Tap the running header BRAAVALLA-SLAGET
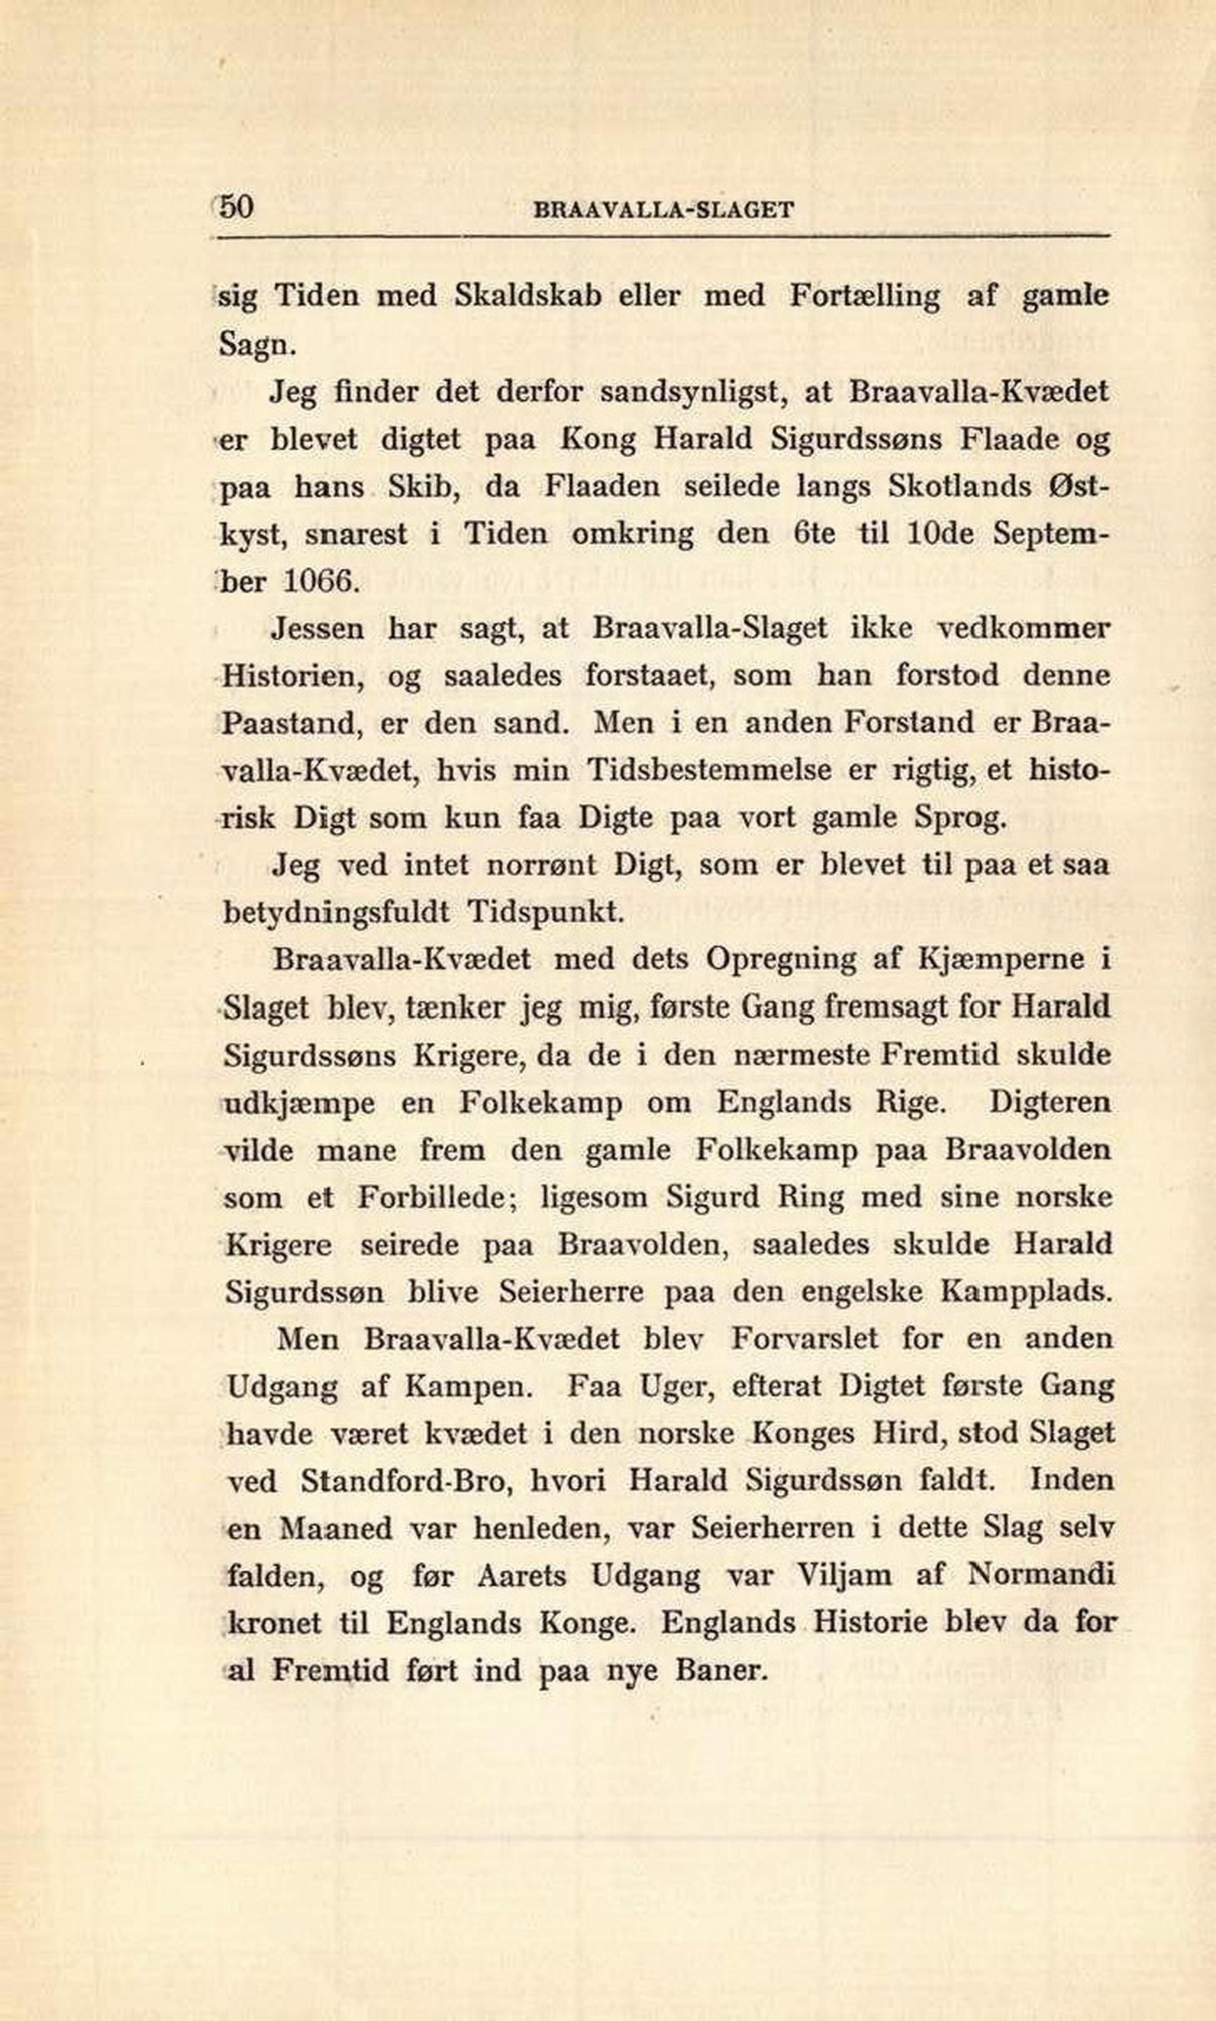pyautogui.click(x=663, y=211)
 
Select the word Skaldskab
pyautogui.click(x=528, y=295)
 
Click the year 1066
pyautogui.click(x=321, y=581)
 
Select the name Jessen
pyautogui.click(x=316, y=628)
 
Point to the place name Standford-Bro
pyautogui.click(x=405, y=1480)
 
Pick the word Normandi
pyautogui.click(x=1040, y=1574)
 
